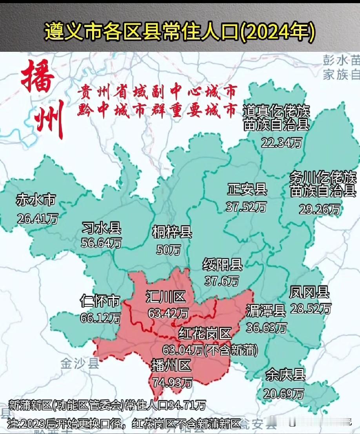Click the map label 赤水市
point(35,201)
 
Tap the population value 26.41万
point(38,218)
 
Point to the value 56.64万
point(101,243)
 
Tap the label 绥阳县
point(223,265)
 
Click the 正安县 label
point(247,190)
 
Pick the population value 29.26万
point(320,208)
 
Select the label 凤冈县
point(309,292)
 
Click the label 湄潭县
point(266,311)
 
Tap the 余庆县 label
point(285,375)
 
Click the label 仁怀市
point(99,301)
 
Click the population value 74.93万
point(173,381)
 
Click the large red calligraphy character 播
point(38,77)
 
